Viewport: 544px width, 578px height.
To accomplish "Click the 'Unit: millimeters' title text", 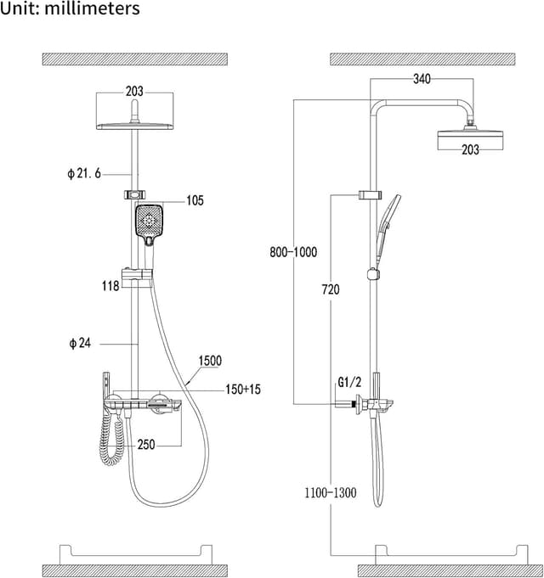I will tap(71, 9).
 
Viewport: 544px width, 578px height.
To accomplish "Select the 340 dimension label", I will tap(422, 79).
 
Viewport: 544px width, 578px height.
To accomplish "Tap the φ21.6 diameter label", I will tap(84, 173).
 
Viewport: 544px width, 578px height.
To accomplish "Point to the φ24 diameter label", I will tap(81, 343).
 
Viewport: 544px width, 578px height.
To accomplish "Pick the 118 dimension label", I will tap(110, 286).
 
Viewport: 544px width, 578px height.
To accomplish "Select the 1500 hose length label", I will tap(210, 361).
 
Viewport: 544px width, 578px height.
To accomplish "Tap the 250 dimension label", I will tap(146, 444).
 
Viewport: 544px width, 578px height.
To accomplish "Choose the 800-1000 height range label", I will tap(292, 252).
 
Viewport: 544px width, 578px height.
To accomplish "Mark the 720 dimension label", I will tap(330, 290).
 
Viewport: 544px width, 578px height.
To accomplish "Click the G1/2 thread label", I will tap(349, 383).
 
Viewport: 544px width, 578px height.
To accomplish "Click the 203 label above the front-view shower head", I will tap(134, 91).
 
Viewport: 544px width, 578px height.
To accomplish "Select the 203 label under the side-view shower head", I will tap(470, 149).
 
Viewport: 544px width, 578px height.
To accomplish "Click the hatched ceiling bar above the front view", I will tap(135, 59).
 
